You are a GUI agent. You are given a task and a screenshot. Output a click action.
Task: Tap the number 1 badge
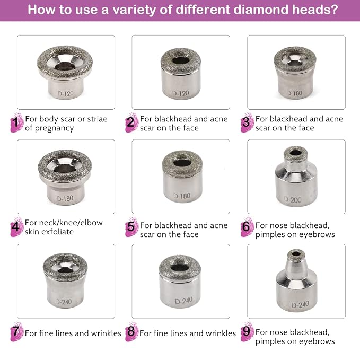tap(16, 122)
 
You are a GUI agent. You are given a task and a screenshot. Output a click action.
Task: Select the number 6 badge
tap(247, 227)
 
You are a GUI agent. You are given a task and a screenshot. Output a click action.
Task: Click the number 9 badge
tap(247, 331)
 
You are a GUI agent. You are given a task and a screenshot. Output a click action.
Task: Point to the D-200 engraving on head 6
tap(293, 199)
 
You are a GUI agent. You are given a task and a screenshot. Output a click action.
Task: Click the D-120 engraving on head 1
tap(65, 93)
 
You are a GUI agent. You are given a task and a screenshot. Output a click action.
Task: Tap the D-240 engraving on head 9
tap(300, 304)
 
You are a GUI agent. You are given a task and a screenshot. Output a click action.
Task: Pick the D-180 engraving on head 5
tap(182, 196)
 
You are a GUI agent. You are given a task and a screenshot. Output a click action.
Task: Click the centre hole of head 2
tap(181, 61)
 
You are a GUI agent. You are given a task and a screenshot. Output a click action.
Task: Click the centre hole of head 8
tap(180, 267)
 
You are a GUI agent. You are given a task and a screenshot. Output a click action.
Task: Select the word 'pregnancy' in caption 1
tap(54, 128)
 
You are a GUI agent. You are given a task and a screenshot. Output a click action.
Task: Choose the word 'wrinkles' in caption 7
tap(106, 333)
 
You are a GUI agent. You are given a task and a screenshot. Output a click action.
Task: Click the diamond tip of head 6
tap(296, 154)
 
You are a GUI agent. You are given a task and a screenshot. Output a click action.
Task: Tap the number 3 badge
tap(247, 122)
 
